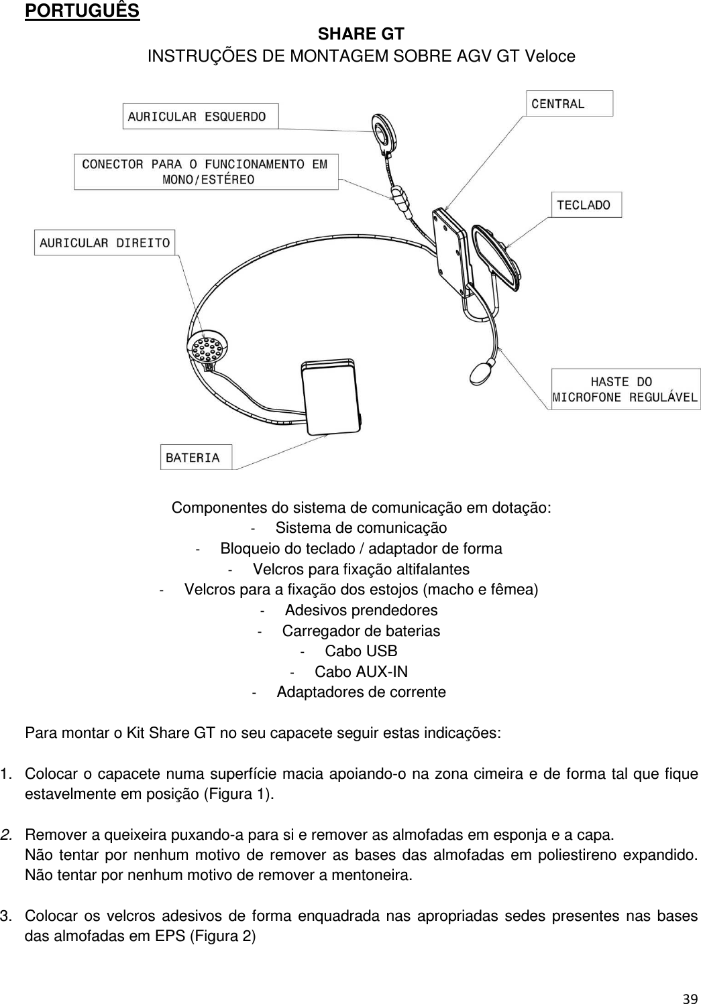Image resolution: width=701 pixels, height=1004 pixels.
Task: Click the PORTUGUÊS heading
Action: (82, 11)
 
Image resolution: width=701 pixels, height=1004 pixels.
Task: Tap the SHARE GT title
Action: (361, 34)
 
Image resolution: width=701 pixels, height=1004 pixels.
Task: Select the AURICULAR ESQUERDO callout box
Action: (200, 116)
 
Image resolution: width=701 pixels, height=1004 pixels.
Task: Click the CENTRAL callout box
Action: (569, 104)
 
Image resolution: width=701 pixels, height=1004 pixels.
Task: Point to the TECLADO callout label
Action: (586, 205)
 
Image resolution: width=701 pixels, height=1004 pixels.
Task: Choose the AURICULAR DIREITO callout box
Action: (105, 243)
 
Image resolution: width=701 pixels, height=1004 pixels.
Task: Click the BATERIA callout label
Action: (195, 458)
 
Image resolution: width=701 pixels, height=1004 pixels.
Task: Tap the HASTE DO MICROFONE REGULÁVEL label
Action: (625, 389)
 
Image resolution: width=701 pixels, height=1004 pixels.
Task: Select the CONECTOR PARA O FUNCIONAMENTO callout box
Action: (206, 172)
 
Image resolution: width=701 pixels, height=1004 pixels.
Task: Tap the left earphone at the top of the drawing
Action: (385, 131)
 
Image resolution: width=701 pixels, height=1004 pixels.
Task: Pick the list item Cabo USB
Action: (361, 651)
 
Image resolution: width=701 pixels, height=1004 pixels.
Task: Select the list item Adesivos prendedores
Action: (361, 611)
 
